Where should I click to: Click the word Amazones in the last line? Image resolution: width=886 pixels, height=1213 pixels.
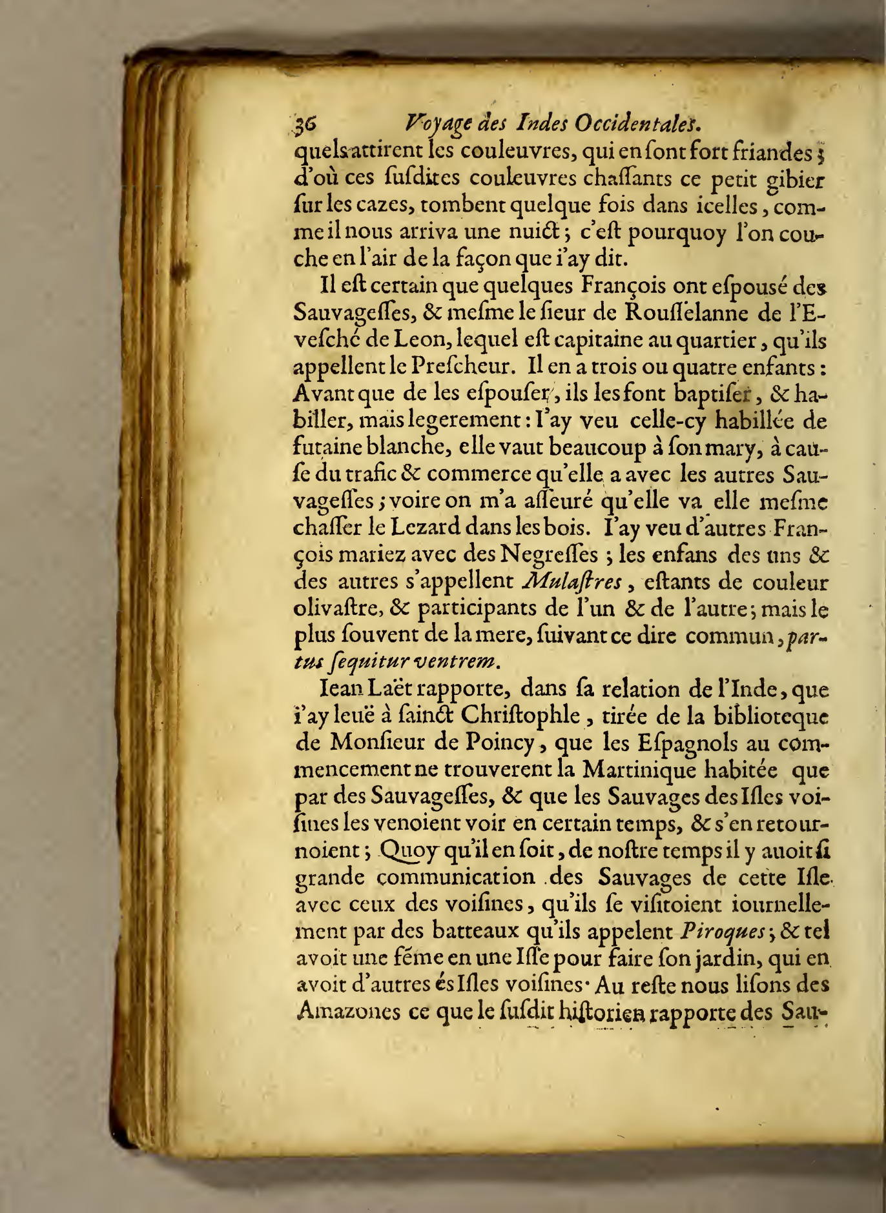click(347, 1011)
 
